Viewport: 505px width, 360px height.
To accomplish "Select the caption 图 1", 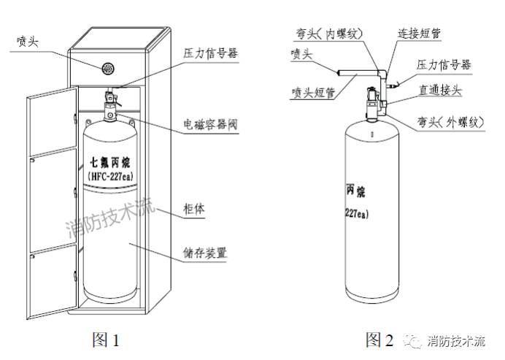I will pyautogui.click(x=104, y=340).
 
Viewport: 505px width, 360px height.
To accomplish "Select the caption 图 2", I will pyautogui.click(x=379, y=340).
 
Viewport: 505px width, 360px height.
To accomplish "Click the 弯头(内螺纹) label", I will pyautogui.click(x=326, y=32).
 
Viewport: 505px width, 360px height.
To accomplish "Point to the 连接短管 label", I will pyautogui.click(x=423, y=34).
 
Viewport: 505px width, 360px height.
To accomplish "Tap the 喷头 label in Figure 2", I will pyautogui.click(x=301, y=55).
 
